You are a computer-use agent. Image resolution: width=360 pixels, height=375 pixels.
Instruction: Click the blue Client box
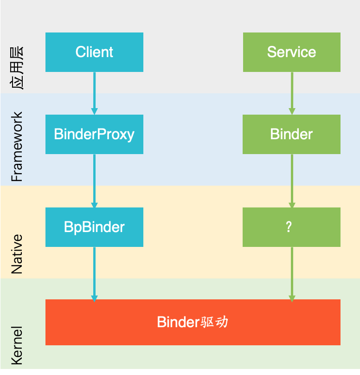pos(94,52)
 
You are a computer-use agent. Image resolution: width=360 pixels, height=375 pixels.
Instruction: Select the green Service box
pos(291,52)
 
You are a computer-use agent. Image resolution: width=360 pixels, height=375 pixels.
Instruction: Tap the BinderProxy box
pos(94,134)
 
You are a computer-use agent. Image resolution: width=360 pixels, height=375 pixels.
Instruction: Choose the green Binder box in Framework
pos(291,134)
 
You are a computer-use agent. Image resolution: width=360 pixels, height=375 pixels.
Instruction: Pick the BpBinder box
pos(94,227)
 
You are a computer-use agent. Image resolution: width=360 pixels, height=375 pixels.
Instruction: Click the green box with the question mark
pos(291,227)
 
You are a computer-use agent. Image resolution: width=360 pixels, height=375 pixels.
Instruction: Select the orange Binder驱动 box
pos(193,322)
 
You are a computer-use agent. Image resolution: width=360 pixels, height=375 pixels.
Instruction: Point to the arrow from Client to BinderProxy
pos(94,93)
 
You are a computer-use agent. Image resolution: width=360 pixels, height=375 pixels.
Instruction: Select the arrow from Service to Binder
pos(292,93)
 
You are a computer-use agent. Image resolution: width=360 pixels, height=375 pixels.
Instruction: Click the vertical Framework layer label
pos(17,147)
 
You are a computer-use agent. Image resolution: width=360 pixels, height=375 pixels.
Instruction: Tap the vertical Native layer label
pos(17,254)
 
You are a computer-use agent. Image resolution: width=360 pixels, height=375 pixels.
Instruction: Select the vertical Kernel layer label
pos(17,346)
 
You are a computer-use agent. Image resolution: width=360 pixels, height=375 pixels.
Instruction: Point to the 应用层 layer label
pos(17,68)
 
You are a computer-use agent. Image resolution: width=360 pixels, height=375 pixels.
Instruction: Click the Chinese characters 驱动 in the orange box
pos(214,322)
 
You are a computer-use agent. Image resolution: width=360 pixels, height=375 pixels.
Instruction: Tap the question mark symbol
pos(289,227)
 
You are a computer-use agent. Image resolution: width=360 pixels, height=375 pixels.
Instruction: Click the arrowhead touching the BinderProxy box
pos(94,111)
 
